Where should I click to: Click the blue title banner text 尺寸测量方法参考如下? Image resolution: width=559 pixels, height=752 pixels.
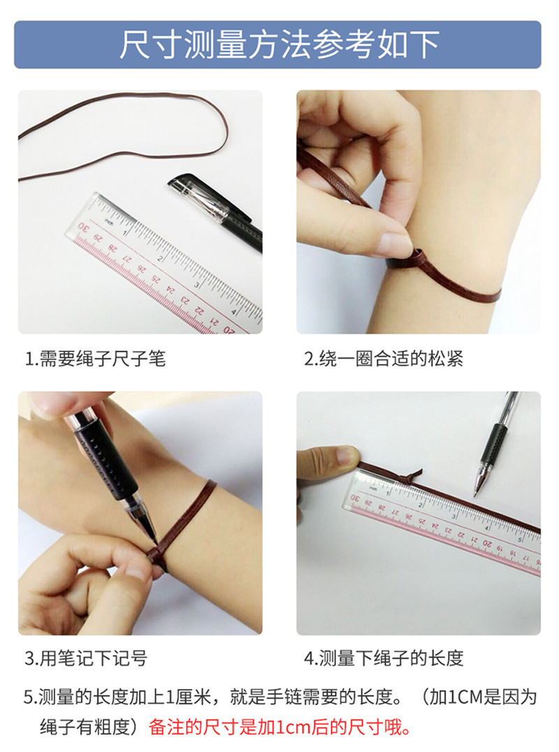tap(278, 45)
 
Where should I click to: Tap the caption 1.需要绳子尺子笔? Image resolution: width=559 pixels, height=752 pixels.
tap(95, 360)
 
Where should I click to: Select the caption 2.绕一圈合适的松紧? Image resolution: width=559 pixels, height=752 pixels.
tap(383, 360)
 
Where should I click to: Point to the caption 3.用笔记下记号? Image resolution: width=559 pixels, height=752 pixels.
tap(86, 658)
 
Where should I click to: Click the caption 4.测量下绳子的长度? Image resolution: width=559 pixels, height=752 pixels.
tap(383, 658)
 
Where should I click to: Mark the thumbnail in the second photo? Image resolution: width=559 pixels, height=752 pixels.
tap(395, 244)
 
